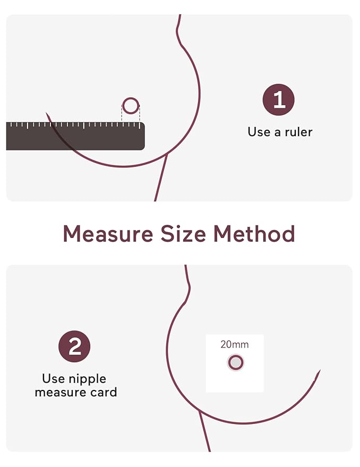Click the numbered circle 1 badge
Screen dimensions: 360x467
click(x=278, y=99)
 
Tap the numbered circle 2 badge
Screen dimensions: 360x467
click(x=74, y=346)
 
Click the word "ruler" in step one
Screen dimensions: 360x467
click(x=298, y=132)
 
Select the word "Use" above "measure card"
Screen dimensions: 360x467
click(x=53, y=379)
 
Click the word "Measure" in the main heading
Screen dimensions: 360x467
click(x=108, y=234)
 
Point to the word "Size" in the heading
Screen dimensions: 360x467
click(x=183, y=234)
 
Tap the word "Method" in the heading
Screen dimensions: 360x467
click(x=254, y=234)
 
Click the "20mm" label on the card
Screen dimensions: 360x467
click(x=234, y=345)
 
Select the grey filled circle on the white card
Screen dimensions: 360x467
click(x=236, y=362)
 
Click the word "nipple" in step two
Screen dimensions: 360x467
click(x=87, y=379)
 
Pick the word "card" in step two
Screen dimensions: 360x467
click(x=104, y=393)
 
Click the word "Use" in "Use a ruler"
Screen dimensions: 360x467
click(x=259, y=132)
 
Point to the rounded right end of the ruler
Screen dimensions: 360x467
click(x=143, y=136)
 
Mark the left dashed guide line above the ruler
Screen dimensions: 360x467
click(x=122, y=113)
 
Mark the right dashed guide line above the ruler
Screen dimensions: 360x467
click(x=140, y=113)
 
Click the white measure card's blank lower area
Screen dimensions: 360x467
click(x=235, y=382)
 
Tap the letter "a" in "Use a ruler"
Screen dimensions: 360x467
click(x=278, y=133)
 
